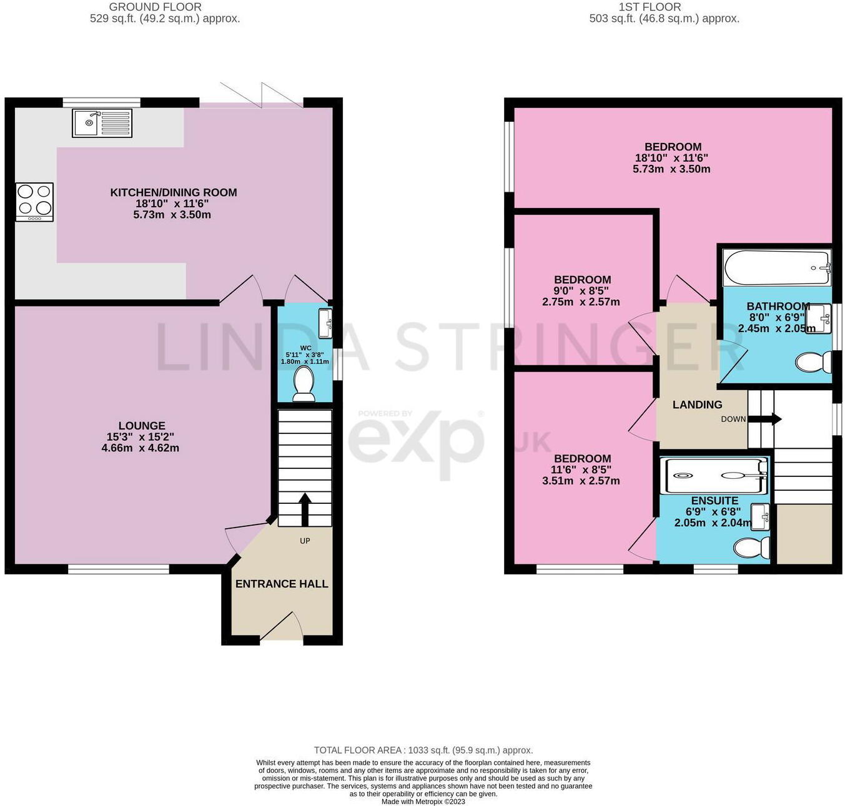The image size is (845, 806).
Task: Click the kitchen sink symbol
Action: pyautogui.click(x=102, y=123)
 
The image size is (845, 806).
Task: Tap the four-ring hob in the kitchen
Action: pyautogui.click(x=34, y=201)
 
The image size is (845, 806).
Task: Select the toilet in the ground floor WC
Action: pyautogui.click(x=304, y=383)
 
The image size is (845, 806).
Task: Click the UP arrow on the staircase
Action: pyautogui.click(x=305, y=509)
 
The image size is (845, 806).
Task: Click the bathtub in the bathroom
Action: pyautogui.click(x=776, y=268)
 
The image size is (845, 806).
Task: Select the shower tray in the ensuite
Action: pyautogui.click(x=714, y=476)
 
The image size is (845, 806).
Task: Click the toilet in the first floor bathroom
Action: pyautogui.click(x=814, y=362)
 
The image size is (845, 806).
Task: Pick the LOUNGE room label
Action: pyautogui.click(x=142, y=426)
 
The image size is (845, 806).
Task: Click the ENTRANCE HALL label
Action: pyautogui.click(x=282, y=584)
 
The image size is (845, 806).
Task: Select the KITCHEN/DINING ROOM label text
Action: pyautogui.click(x=174, y=192)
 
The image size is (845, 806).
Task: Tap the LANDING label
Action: pyautogui.click(x=697, y=405)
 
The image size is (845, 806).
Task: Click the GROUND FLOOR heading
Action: pyautogui.click(x=155, y=7)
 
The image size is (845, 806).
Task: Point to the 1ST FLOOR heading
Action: pyautogui.click(x=650, y=7)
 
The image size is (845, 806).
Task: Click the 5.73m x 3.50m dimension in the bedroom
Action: pyautogui.click(x=671, y=169)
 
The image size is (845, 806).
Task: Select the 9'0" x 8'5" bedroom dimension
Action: pyautogui.click(x=581, y=291)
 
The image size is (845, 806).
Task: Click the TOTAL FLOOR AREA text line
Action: pyautogui.click(x=423, y=750)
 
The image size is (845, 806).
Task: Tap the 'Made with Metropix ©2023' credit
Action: pyautogui.click(x=423, y=802)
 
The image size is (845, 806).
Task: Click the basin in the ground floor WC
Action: pyautogui.click(x=325, y=323)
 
